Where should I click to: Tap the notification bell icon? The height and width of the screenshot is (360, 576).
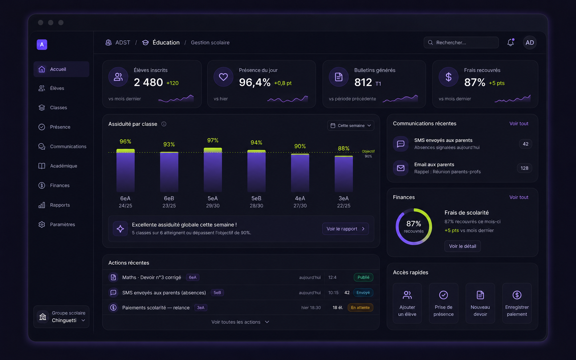[510, 42]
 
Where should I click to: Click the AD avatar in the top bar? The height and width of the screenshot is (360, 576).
[530, 42]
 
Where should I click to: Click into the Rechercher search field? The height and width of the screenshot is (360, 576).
[461, 42]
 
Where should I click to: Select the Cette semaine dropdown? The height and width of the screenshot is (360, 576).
[351, 126]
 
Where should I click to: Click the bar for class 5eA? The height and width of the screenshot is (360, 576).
[213, 170]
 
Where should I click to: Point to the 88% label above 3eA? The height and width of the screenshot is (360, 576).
[344, 148]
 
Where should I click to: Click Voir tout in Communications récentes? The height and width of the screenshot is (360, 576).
[519, 124]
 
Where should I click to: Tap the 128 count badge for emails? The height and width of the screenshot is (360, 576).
[524, 168]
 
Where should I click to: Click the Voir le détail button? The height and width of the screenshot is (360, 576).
[462, 246]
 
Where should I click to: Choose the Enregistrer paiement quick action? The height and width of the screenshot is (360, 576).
[517, 303]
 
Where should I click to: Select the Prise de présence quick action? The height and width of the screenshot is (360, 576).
[443, 303]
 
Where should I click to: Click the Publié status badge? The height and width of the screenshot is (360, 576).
[363, 277]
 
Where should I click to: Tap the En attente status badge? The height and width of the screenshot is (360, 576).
[360, 308]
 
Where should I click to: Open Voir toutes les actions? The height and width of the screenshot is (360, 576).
[240, 322]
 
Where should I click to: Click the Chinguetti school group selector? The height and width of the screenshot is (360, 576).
[61, 317]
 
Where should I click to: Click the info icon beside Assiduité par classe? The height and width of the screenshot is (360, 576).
[164, 124]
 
